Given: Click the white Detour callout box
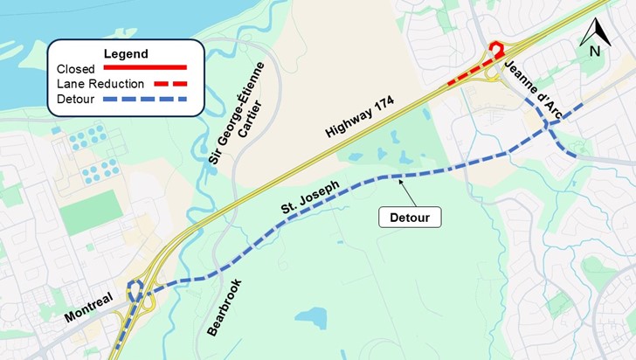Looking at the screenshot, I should tap(410, 216).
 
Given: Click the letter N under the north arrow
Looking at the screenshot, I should tap(594, 51).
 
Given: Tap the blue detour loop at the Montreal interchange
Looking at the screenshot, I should tap(134, 292).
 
